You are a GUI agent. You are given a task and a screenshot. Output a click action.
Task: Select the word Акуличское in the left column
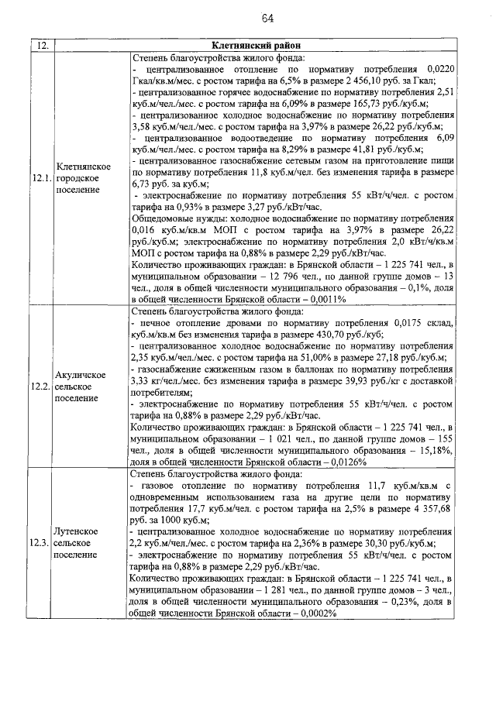click(x=82, y=373)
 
